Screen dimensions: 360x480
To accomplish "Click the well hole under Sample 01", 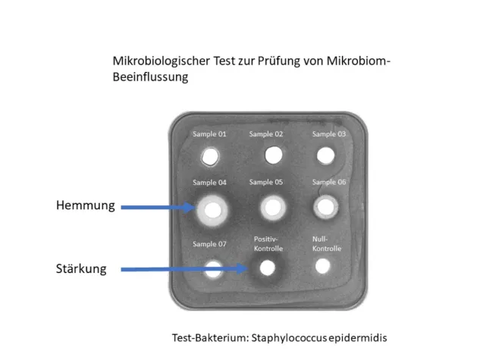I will click(x=210, y=157).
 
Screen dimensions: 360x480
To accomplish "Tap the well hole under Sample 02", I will click(x=273, y=155).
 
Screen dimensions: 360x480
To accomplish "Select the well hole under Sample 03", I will click(x=325, y=155).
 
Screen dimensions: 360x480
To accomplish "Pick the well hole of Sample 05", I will click(x=271, y=207).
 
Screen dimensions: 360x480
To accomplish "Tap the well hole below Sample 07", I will click(x=213, y=268).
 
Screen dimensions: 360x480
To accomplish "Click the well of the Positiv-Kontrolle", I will click(x=266, y=268).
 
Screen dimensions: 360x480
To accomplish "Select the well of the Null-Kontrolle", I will click(x=323, y=266).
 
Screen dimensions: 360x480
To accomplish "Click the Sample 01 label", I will click(x=209, y=135).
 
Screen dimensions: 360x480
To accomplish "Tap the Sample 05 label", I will click(x=266, y=182).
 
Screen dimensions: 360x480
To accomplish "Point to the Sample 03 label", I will click(x=329, y=134).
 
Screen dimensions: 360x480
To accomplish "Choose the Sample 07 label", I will click(x=209, y=244).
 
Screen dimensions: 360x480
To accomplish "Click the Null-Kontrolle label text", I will click(x=327, y=243).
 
